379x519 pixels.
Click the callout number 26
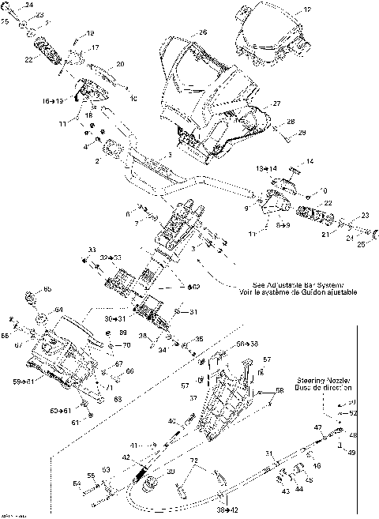coord(203,32)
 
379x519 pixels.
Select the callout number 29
coord(301,135)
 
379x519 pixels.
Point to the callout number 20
coord(120,64)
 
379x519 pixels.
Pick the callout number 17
coord(95,48)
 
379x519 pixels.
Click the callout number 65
coord(47,289)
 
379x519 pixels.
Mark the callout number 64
coord(58,310)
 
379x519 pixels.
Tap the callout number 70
coord(126,345)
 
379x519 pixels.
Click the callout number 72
coord(191,460)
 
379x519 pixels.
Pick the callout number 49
coord(353,453)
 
